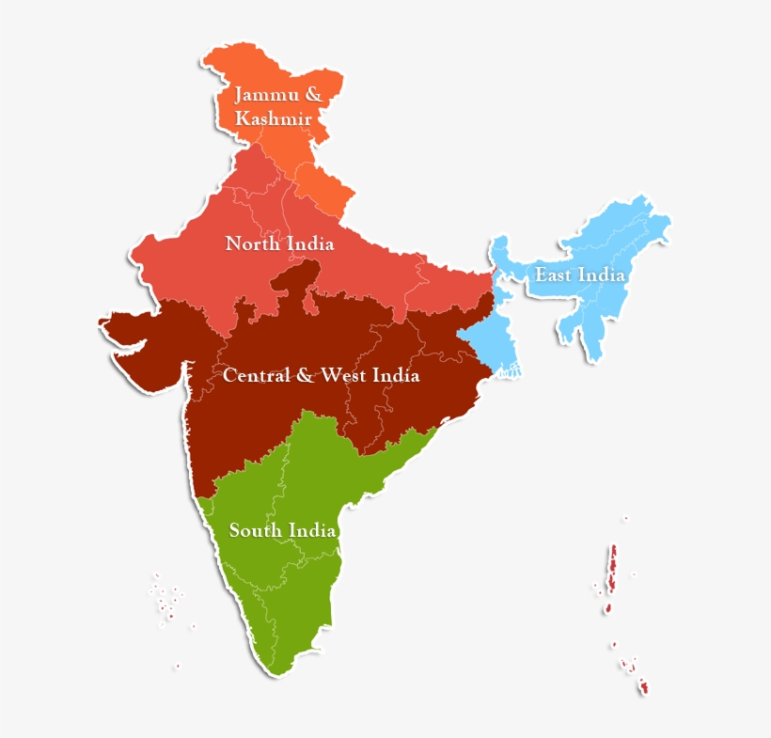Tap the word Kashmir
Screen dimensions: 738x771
274,119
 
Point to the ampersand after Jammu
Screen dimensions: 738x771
313,95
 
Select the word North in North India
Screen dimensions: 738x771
252,244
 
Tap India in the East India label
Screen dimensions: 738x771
603,275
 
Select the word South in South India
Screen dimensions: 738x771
256,531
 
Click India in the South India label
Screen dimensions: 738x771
312,531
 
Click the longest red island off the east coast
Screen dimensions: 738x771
612,570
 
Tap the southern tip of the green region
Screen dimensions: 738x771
279,667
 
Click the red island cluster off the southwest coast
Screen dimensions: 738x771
167,603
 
